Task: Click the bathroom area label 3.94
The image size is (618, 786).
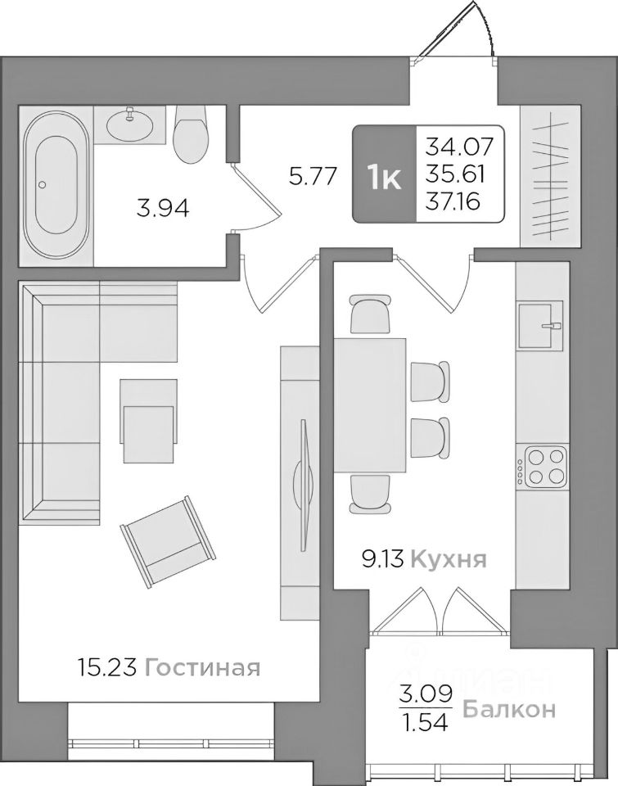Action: (x=163, y=209)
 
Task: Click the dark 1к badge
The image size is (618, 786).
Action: (x=384, y=175)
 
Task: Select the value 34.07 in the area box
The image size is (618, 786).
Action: (x=459, y=148)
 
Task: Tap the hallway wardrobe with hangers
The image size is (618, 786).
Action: (x=551, y=176)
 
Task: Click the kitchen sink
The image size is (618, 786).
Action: (x=540, y=325)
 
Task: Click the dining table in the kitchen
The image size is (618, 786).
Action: (x=370, y=406)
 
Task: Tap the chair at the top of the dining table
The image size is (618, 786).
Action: (x=369, y=314)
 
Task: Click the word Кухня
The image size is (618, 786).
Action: (x=448, y=560)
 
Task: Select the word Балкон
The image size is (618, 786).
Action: (x=509, y=709)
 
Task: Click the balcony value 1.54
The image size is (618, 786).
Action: (x=424, y=723)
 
